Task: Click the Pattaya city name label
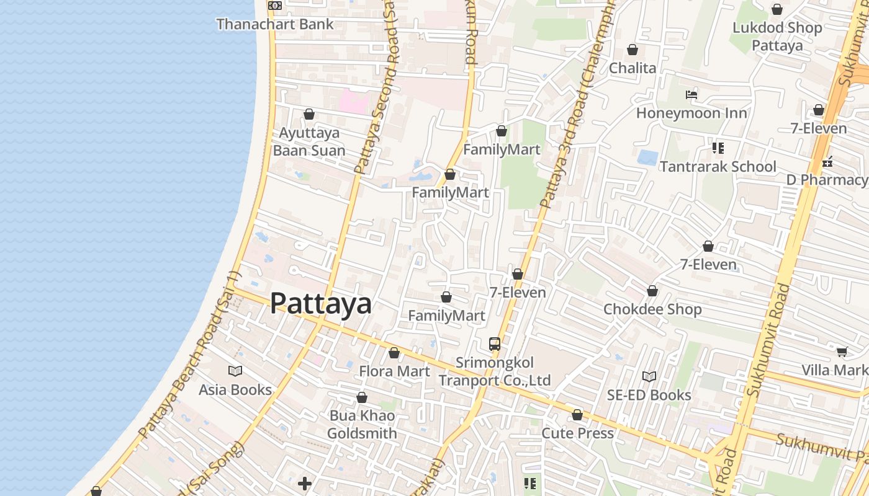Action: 321,304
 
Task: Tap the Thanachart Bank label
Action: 275,24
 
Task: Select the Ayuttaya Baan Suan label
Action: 309,142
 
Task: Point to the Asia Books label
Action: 235,389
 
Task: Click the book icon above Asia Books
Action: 235,371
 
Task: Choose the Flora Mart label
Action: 394,371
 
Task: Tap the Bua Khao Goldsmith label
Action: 362,424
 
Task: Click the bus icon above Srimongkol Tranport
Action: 495,343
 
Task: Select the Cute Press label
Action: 577,433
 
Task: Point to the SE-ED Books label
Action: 649,395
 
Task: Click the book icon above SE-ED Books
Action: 649,376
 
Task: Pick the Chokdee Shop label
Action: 652,309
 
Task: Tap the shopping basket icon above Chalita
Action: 633,50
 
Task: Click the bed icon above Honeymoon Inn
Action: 691,95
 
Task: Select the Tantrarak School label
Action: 718,166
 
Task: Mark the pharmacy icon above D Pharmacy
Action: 827,162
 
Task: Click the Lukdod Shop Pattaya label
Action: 777,36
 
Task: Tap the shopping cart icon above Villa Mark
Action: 842,352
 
